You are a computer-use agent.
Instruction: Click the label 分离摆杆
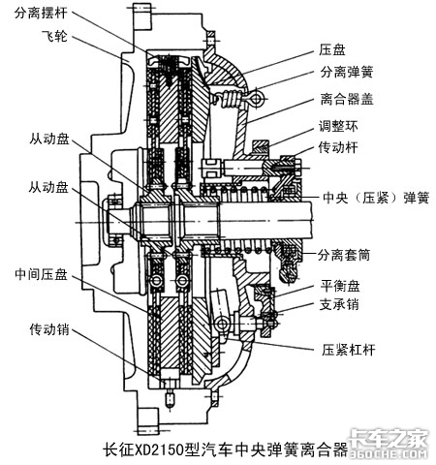point(41,13)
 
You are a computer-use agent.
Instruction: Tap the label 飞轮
point(54,36)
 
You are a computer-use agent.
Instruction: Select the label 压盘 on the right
point(332,50)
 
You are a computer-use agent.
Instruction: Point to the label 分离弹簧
point(347,72)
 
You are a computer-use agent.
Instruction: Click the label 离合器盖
point(347,99)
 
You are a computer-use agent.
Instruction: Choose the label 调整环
point(338,126)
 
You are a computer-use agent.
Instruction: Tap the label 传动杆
point(338,147)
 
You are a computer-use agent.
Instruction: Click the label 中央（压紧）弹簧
point(376,198)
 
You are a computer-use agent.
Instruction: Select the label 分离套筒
point(344,255)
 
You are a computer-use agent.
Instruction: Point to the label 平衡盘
point(340,286)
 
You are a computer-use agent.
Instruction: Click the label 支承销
point(339,304)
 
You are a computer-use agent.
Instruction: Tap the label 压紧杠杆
point(348,350)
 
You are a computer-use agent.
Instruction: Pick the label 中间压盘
point(41,274)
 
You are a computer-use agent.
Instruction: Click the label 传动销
point(49,329)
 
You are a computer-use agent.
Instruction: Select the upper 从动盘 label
point(49,139)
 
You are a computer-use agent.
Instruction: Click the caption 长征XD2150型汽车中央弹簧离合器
point(226,449)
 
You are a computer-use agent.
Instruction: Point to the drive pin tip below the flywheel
point(170,401)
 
